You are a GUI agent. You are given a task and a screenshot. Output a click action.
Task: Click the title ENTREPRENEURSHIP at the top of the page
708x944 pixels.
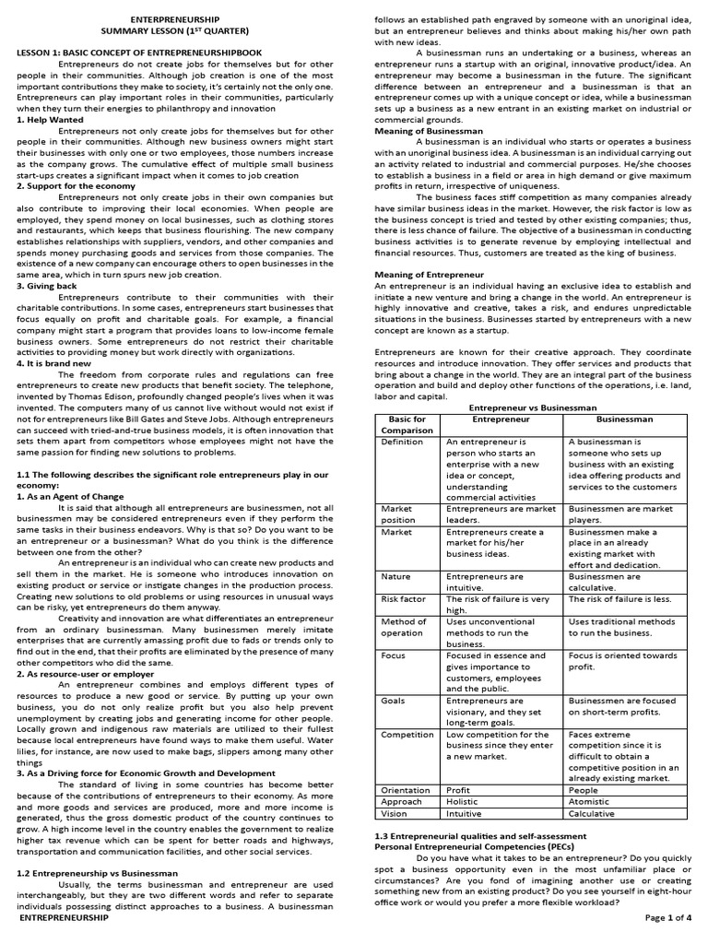175,18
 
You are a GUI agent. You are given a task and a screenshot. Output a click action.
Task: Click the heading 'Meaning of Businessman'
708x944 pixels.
428,131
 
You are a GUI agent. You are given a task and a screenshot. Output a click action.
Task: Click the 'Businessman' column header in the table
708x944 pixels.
625,419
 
